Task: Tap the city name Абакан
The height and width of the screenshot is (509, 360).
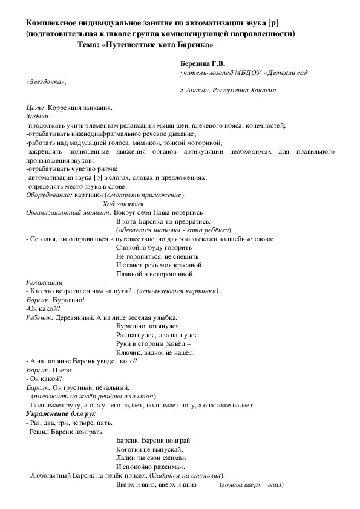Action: coord(206,91)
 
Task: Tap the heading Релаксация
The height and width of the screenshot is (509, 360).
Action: coord(44,282)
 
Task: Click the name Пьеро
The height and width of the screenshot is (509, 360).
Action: coord(64,369)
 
